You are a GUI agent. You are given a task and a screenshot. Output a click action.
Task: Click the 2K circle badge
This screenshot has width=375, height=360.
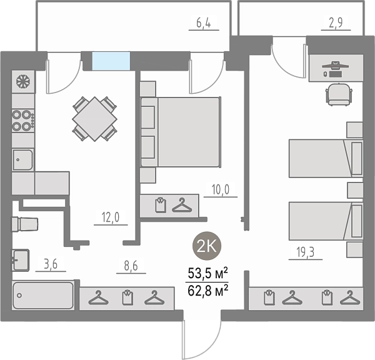[x=207, y=246]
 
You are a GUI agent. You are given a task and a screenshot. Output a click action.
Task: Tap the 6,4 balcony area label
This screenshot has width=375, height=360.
[x=204, y=23]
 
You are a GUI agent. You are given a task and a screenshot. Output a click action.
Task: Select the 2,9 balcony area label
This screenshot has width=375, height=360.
[x=336, y=23]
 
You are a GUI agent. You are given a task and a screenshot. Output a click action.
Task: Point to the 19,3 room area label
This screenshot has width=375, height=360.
[x=306, y=252]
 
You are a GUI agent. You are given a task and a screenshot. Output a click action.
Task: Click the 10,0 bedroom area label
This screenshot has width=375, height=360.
[x=221, y=190]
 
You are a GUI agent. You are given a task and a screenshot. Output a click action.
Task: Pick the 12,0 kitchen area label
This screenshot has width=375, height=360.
[x=111, y=217]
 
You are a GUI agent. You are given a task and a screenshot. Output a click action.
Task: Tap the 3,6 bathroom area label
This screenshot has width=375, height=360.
[x=51, y=264]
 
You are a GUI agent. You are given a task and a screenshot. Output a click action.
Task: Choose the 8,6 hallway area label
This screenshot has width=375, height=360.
[x=131, y=266]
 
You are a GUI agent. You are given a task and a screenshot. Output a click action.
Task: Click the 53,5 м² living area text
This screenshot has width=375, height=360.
[x=207, y=274]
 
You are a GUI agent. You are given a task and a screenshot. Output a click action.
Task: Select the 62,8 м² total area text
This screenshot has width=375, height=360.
[x=207, y=291]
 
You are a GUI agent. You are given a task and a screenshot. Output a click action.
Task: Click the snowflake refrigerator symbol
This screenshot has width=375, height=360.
[x=23, y=82]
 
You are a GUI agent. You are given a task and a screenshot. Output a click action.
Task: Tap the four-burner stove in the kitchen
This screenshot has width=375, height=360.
[x=23, y=121]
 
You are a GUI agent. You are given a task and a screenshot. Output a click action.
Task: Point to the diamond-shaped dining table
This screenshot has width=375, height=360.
[x=95, y=119]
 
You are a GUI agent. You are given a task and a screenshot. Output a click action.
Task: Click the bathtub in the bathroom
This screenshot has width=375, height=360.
[x=43, y=296]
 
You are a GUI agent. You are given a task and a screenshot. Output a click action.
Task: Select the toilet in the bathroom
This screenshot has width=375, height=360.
[x=25, y=224]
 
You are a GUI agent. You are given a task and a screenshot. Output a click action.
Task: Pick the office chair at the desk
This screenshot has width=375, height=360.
[x=339, y=94]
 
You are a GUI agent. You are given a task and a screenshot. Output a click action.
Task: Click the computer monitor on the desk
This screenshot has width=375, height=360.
[x=335, y=66]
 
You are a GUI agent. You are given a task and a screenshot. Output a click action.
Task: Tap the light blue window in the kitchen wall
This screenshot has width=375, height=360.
[x=111, y=61]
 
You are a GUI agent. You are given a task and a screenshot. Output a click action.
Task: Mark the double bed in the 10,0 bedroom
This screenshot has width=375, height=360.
[x=181, y=132]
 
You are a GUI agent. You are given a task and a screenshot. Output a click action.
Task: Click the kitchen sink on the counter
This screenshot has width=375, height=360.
[x=22, y=159]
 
